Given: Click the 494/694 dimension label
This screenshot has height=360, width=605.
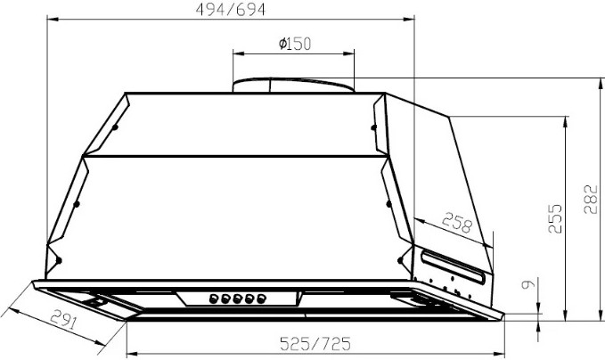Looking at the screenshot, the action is point(231,10).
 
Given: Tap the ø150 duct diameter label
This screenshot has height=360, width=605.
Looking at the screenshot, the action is point(295,44).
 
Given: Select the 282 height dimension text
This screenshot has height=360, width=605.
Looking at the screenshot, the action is point(591,200).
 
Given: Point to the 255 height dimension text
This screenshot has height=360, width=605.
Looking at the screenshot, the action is point(555,218).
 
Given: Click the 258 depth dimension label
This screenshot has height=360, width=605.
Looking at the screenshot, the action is point(457,223).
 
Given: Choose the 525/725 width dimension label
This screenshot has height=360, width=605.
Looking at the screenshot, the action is point(315,343).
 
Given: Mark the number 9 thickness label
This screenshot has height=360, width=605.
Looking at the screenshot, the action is point(528,284).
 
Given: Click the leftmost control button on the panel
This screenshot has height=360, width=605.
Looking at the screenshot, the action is point(214,299).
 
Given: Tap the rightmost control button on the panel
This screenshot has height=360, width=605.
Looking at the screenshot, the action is point(262,299).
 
